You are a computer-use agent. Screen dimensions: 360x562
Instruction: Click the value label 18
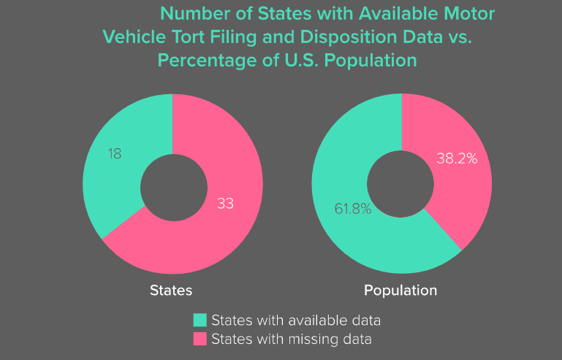[x=114, y=154]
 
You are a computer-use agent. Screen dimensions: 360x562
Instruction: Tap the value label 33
[x=225, y=204]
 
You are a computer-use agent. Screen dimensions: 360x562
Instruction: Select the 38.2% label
[x=457, y=158]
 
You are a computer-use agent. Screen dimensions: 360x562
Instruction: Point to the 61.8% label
[x=353, y=209]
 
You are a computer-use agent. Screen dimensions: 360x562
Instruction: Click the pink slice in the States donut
[x=219, y=234]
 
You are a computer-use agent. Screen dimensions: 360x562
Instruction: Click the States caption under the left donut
[x=171, y=290]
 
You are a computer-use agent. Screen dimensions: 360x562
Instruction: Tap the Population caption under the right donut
[x=400, y=290]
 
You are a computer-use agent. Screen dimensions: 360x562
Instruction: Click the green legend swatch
[x=200, y=320]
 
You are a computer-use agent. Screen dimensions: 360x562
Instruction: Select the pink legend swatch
[x=200, y=339]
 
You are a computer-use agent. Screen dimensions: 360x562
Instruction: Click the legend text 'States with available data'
[x=296, y=320]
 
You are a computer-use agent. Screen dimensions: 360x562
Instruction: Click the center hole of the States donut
[x=172, y=184]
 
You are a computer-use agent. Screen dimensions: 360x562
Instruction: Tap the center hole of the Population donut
[x=401, y=184]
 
